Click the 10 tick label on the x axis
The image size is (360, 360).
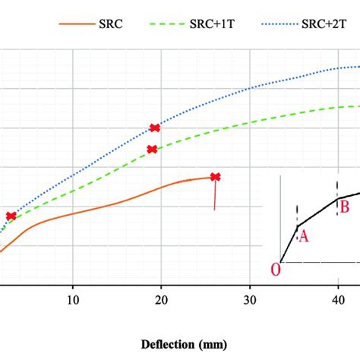coord(72,301)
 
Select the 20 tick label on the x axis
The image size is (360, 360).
coord(160,301)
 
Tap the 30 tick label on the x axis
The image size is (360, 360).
coord(249,301)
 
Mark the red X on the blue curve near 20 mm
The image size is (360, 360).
coord(155,128)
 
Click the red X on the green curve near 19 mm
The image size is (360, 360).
coord(152,150)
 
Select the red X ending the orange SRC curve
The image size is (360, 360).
coord(215,177)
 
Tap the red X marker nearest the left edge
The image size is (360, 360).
coord(11,216)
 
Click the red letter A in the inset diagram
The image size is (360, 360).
coord(303,236)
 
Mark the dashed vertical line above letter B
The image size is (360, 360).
coord(337,186)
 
